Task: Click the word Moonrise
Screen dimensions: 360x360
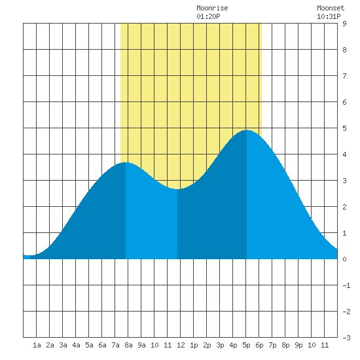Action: (x=212, y=8)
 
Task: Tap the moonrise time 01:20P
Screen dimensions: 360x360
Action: (x=208, y=16)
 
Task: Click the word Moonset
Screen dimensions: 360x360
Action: (x=331, y=8)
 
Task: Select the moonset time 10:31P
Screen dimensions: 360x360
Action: (x=329, y=16)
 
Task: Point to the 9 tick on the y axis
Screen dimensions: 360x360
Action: (x=344, y=24)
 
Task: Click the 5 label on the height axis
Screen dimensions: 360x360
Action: (x=344, y=128)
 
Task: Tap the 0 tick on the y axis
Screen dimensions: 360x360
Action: (x=344, y=259)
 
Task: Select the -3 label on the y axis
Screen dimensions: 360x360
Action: (x=346, y=338)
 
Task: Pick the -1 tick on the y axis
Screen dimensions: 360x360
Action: (x=346, y=285)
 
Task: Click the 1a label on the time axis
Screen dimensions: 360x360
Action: (x=37, y=345)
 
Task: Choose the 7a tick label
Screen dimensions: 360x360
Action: (x=115, y=345)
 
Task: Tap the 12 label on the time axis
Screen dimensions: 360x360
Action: (x=181, y=345)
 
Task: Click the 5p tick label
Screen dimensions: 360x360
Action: (x=246, y=345)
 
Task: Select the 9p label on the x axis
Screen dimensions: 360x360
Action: (x=298, y=345)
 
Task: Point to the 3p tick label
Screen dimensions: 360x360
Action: (x=220, y=345)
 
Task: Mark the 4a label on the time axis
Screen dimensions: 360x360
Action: (x=76, y=345)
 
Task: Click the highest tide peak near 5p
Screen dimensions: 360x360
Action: (x=247, y=130)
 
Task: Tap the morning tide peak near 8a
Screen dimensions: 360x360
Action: (x=126, y=162)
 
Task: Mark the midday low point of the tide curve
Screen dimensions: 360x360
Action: (x=177, y=189)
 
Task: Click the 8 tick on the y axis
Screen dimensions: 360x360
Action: (x=344, y=50)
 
